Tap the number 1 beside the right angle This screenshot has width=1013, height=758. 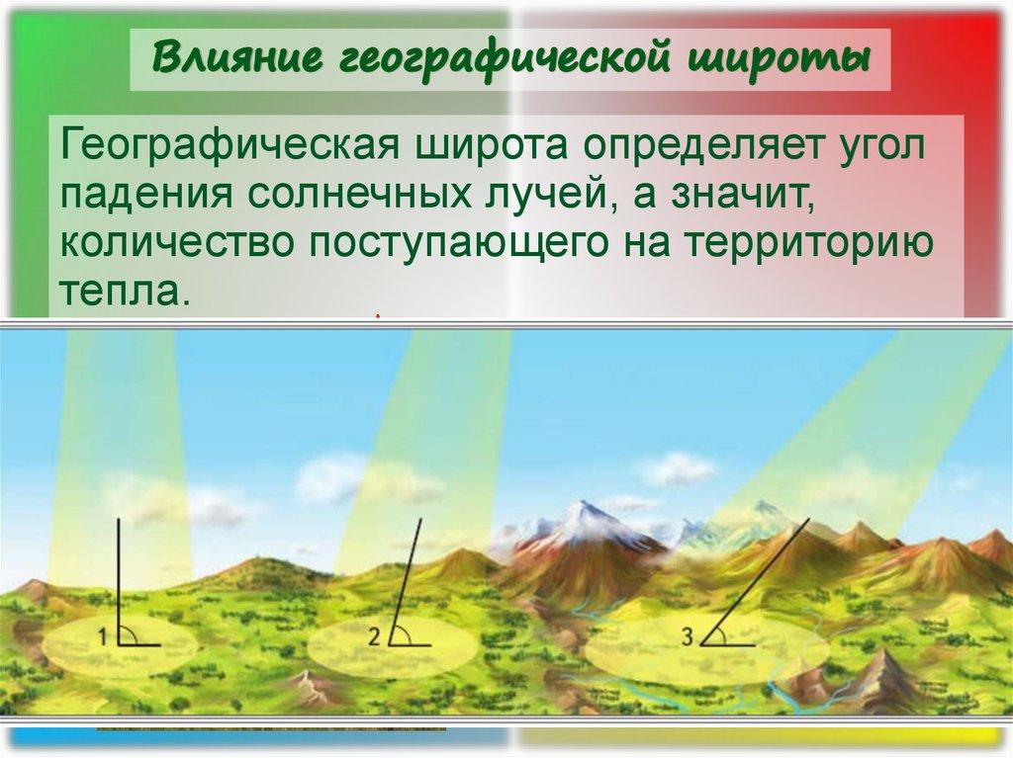click(x=104, y=638)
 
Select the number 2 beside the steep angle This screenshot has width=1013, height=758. click(x=374, y=638)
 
